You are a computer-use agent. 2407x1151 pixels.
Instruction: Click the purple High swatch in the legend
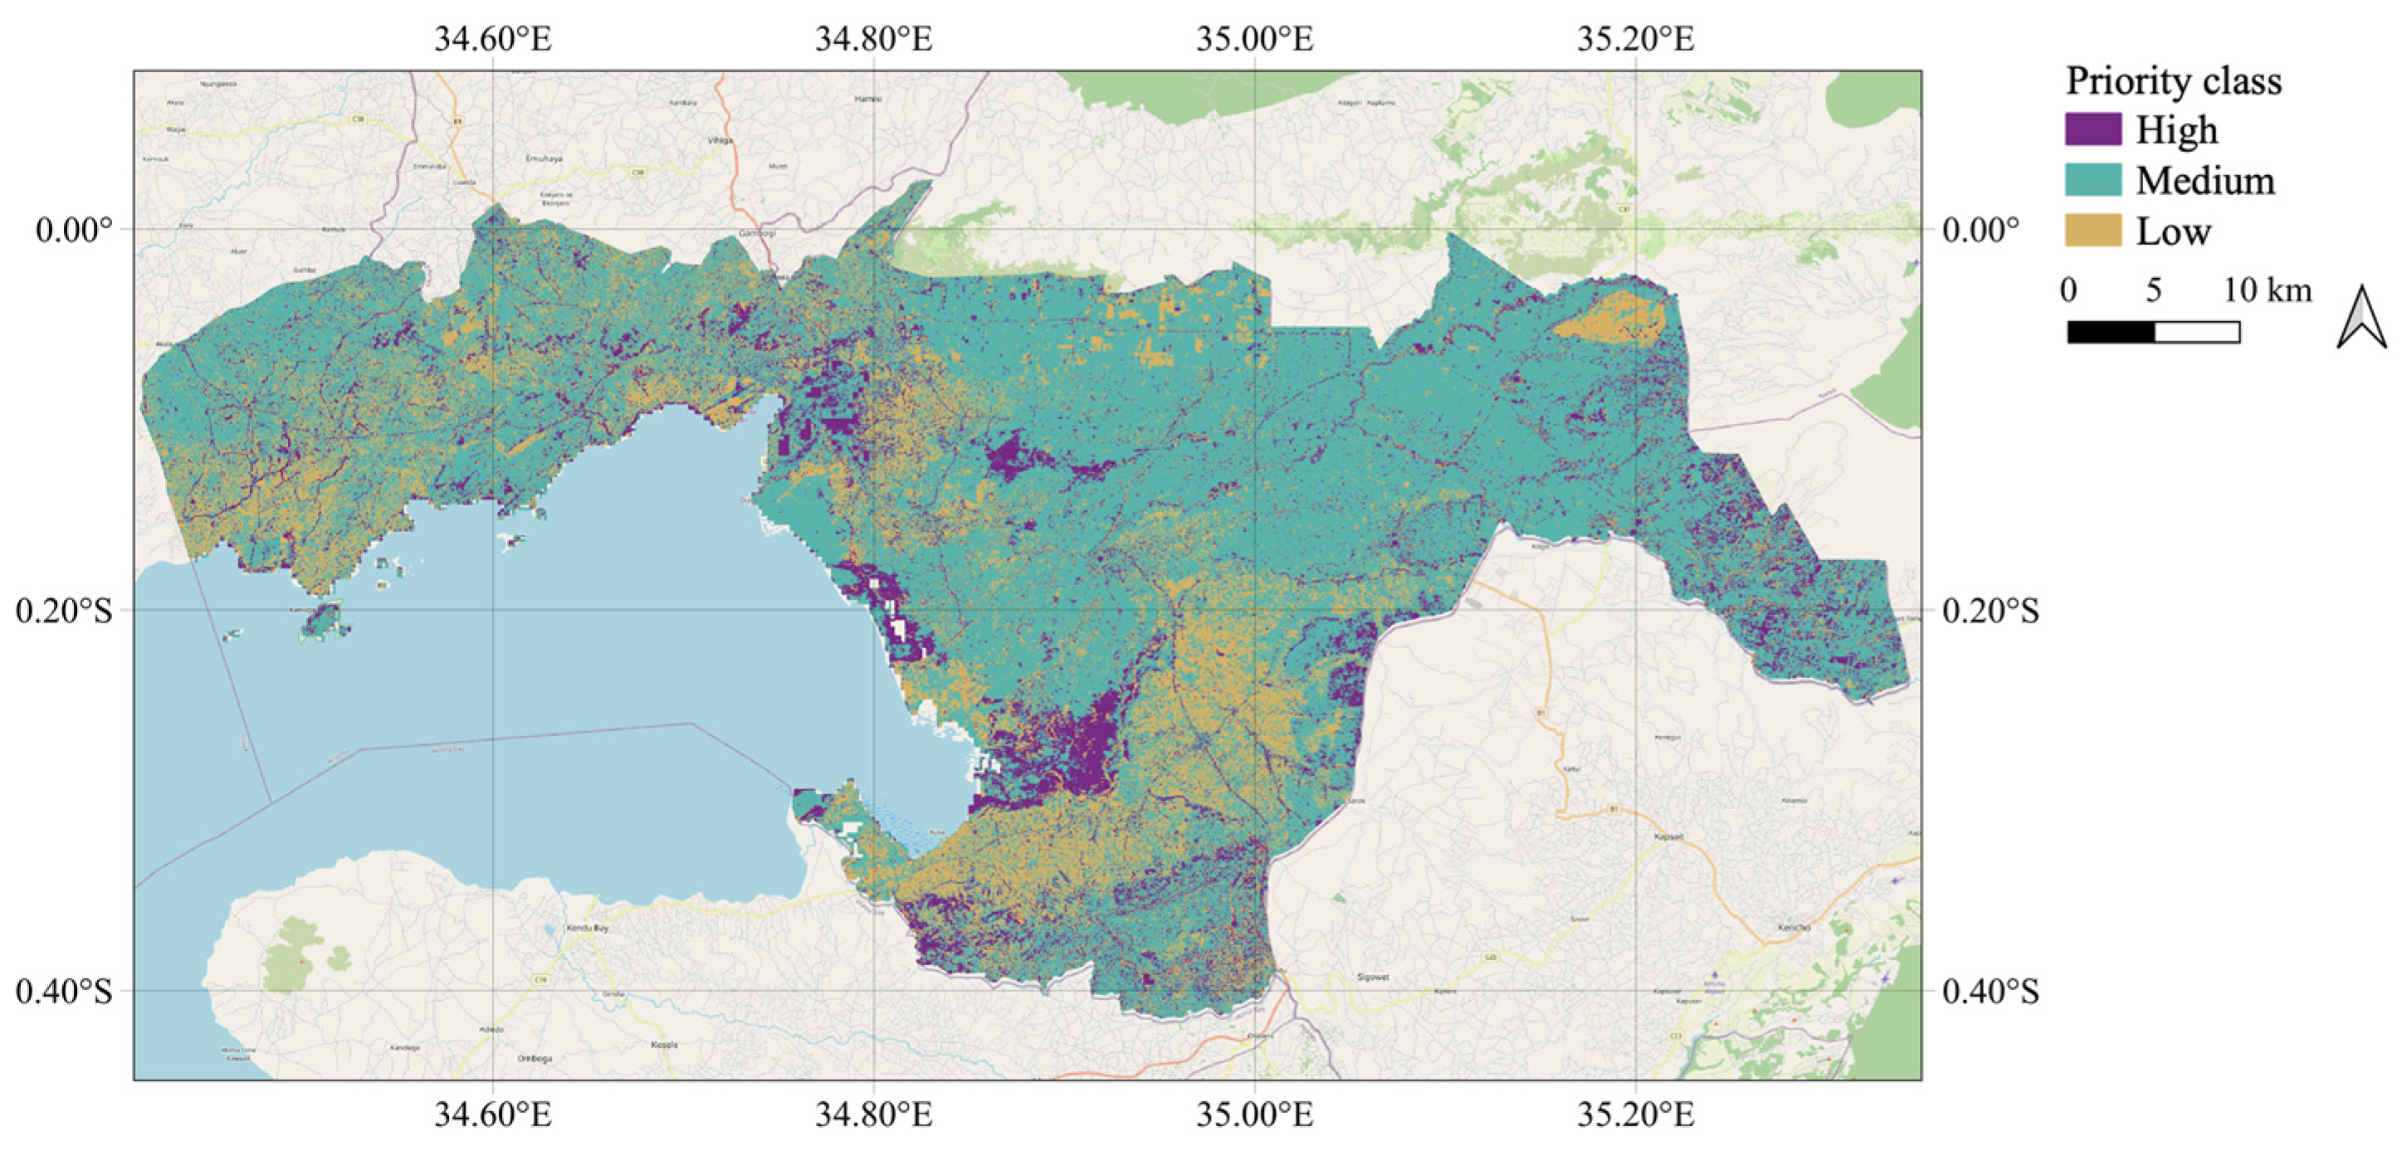2092,129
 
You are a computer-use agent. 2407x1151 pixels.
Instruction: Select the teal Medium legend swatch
2092,179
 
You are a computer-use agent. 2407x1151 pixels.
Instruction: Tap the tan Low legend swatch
2092,230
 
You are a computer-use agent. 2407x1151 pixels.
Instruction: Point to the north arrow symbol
2361,317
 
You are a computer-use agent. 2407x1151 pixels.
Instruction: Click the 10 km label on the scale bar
2267,290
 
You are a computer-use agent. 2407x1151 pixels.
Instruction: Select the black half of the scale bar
2111,332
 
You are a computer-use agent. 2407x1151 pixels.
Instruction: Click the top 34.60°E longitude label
492,39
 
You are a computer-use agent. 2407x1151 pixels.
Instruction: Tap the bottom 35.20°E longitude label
1635,1114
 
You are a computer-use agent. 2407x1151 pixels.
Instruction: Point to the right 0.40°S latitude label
1990,991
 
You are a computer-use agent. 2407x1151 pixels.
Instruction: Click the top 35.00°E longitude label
1254,39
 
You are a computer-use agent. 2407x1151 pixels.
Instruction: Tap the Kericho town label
1795,928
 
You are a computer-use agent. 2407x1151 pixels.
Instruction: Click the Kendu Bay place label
588,929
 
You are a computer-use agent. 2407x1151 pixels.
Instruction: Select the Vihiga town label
720,141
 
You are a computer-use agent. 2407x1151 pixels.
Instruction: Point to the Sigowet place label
1373,978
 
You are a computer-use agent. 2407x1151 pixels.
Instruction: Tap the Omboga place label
535,1059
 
